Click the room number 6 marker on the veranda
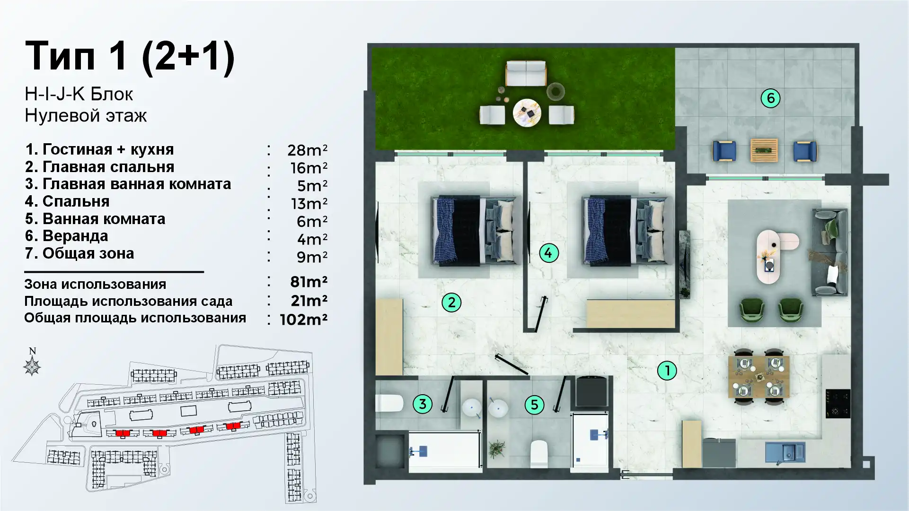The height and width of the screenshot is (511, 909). click(x=770, y=98)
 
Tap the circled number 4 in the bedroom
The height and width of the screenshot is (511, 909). click(x=549, y=253)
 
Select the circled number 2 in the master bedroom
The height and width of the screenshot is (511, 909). click(x=451, y=303)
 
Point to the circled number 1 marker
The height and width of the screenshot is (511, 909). click(x=667, y=371)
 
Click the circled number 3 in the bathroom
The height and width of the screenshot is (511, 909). click(x=423, y=404)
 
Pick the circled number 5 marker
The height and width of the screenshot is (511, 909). click(x=534, y=405)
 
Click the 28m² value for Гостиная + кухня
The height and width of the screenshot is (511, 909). click(x=307, y=150)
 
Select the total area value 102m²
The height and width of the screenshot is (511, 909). click(x=303, y=320)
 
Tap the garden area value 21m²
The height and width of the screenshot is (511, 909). click(x=309, y=301)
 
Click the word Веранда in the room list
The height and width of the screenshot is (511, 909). click(x=75, y=236)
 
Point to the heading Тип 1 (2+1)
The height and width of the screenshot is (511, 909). click(x=130, y=57)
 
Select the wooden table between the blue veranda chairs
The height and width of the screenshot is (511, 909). click(x=764, y=150)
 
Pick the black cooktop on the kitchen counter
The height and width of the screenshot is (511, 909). click(x=838, y=404)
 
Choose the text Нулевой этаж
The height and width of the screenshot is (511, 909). click(x=86, y=115)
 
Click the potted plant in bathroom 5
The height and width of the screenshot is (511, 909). click(x=497, y=449)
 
